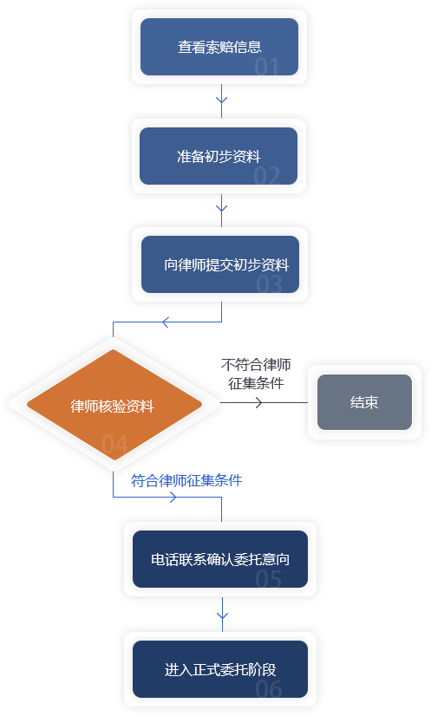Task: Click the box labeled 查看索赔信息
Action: tap(219, 47)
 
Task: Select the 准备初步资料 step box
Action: tap(219, 156)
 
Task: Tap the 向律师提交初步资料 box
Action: tap(220, 264)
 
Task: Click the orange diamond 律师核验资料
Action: tap(114, 405)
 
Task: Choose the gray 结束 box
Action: tap(365, 402)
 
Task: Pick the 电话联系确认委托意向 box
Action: tap(220, 559)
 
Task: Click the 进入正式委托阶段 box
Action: tap(220, 669)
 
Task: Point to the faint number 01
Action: tap(266, 67)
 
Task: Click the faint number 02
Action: tap(267, 176)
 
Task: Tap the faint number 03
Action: tap(269, 284)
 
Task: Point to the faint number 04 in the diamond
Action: tap(114, 445)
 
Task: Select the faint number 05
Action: tap(268, 579)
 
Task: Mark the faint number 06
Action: tap(269, 689)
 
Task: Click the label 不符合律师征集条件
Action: tap(256, 374)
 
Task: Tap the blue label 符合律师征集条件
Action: tap(186, 480)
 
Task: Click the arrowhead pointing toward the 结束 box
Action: tap(259, 403)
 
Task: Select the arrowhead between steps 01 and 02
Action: tap(222, 100)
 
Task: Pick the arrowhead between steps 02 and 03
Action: tap(222, 208)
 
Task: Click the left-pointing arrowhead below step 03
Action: tap(166, 322)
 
